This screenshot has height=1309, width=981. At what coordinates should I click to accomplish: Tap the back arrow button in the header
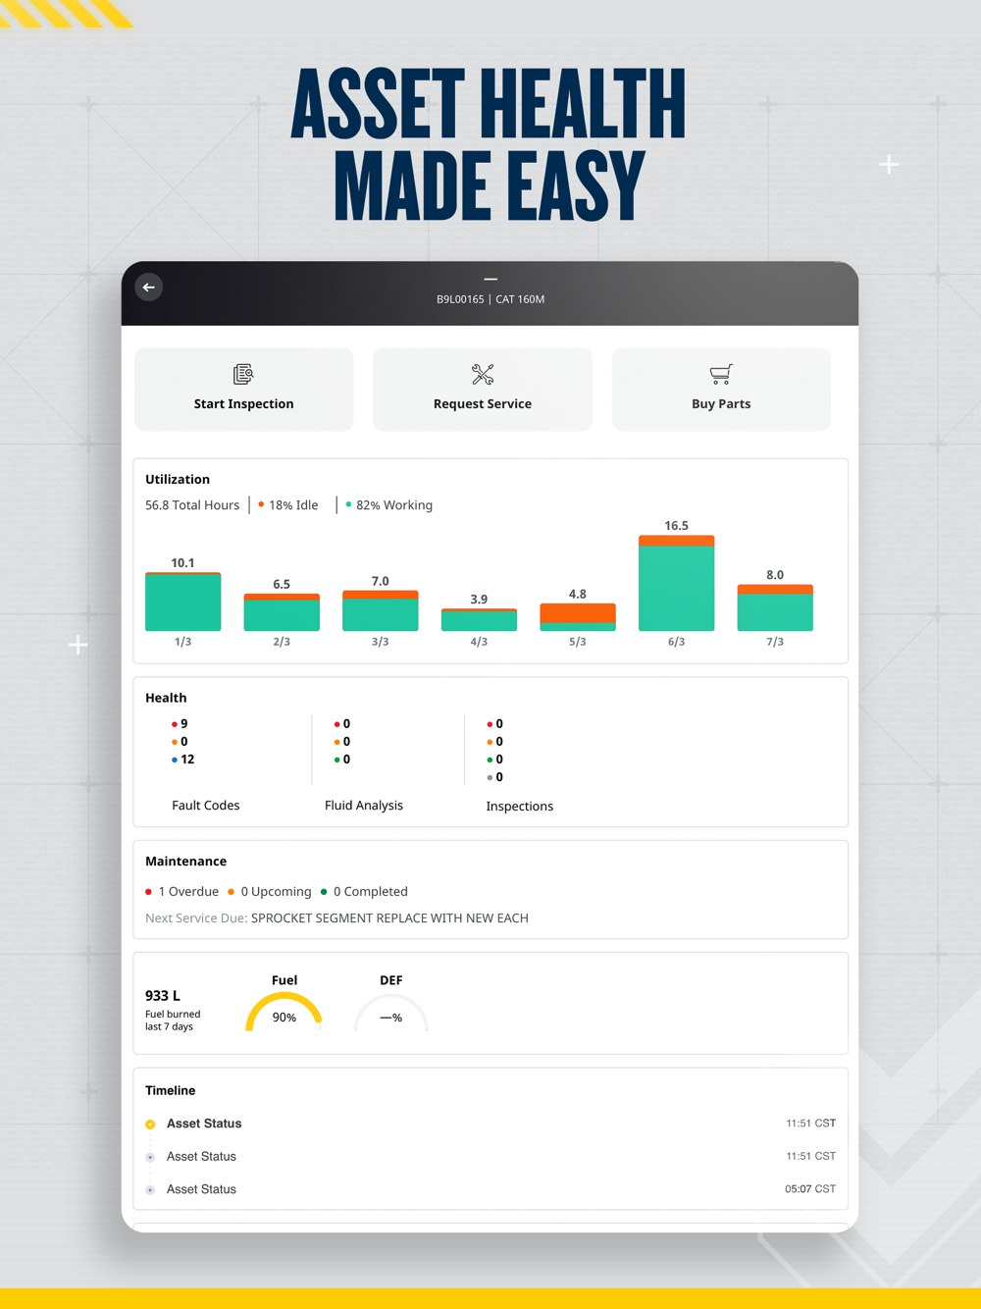(x=149, y=288)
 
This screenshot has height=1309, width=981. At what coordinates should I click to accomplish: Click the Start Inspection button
(x=243, y=390)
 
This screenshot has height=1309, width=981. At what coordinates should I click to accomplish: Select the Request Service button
(x=482, y=390)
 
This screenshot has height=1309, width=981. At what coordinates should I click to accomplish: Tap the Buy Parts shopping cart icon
(x=721, y=374)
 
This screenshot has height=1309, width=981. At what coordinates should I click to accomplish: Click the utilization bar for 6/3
(x=676, y=584)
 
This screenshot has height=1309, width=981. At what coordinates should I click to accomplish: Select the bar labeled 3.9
(x=479, y=620)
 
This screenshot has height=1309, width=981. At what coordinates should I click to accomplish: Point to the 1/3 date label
(x=182, y=642)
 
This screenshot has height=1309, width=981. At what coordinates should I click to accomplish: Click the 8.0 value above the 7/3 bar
(x=775, y=575)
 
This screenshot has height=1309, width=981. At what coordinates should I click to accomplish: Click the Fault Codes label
(x=206, y=806)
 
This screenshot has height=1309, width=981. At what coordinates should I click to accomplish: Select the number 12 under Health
(x=187, y=759)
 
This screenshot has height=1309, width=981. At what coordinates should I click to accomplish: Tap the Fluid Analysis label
(x=364, y=806)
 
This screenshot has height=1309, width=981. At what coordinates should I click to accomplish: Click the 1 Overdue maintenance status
(x=187, y=892)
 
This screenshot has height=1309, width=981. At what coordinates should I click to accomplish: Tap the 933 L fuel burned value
(x=163, y=996)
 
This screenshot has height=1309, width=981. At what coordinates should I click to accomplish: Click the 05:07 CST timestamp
(x=810, y=1189)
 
